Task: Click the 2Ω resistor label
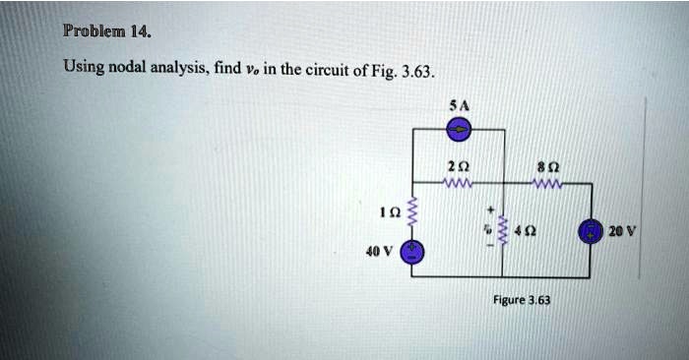[459, 164]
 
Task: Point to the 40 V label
[380, 250]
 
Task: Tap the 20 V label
[623, 234]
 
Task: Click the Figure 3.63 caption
[522, 299]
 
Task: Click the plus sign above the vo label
[489, 210]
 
